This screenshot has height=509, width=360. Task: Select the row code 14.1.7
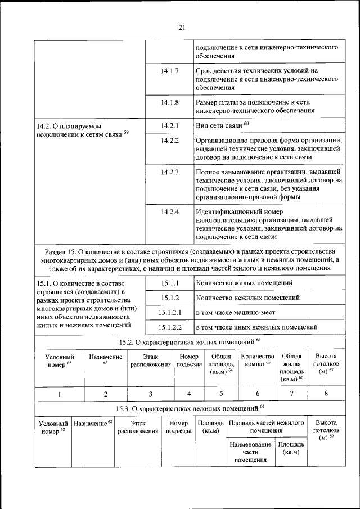(x=169, y=71)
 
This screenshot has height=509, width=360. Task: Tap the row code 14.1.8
(x=169, y=102)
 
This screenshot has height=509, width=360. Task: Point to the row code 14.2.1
(x=169, y=125)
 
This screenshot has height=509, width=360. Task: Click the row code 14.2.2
(x=169, y=140)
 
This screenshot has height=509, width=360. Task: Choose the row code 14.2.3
(x=169, y=172)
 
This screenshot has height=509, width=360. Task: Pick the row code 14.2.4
(x=169, y=212)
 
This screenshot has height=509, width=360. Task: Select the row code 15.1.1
(x=169, y=282)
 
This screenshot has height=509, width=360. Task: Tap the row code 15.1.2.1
(x=169, y=312)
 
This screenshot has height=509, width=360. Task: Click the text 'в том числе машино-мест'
(x=236, y=312)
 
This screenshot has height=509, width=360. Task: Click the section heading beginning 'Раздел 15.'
(x=190, y=259)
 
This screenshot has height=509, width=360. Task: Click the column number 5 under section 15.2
(x=221, y=394)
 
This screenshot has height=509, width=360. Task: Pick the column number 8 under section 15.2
(x=326, y=394)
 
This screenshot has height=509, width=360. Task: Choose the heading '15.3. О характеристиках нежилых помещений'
(x=190, y=408)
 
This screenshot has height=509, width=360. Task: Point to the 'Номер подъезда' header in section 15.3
(x=178, y=427)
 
